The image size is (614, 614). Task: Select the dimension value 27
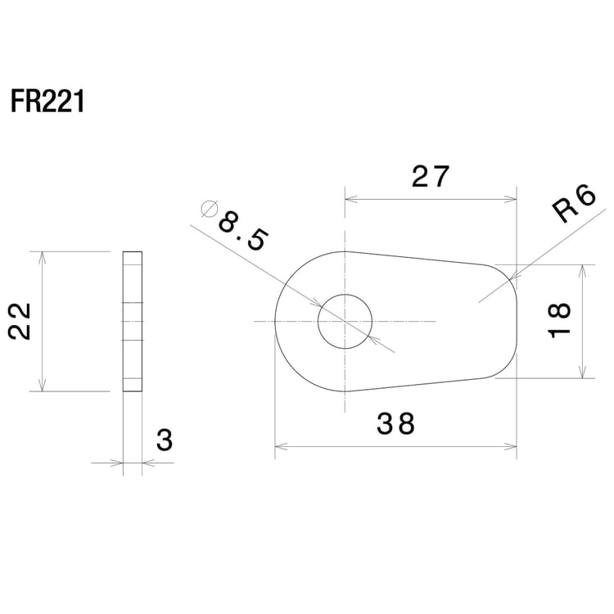click(431, 177)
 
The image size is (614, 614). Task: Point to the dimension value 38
click(396, 424)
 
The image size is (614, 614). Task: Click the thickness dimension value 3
click(165, 440)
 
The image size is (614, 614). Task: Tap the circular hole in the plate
click(345, 321)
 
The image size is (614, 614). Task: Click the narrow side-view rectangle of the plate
click(132, 322)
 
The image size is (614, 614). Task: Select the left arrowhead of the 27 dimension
click(350, 198)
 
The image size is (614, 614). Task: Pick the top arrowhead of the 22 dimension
click(42, 257)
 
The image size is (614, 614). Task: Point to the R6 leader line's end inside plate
click(479, 300)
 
